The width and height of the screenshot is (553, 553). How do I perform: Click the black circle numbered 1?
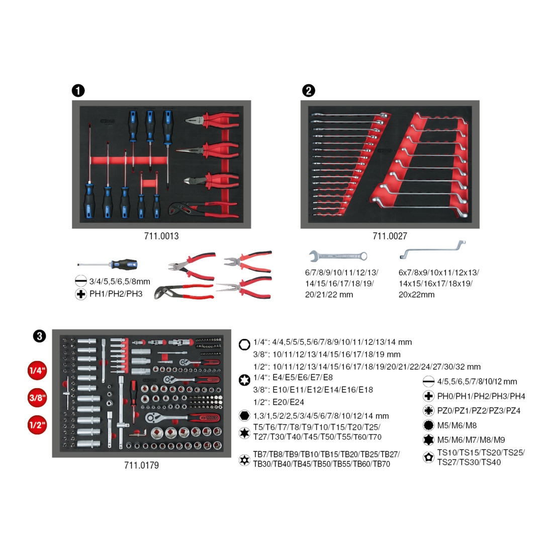78,90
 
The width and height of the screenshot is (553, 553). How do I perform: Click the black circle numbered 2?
309,90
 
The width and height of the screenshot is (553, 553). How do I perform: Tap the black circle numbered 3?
40,336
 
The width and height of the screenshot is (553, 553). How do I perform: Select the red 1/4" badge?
37,371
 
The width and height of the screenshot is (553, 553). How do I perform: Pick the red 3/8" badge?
37,398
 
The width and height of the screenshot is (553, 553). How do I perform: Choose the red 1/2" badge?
37,425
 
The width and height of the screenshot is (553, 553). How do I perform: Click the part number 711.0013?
161,236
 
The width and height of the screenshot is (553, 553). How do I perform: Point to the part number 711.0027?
390,236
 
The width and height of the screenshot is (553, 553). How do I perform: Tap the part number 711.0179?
141,465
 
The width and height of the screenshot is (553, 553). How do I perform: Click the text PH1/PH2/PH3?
116,294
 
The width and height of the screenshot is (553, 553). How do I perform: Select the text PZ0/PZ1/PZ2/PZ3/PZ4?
479,411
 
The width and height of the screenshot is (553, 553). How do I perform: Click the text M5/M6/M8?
457,425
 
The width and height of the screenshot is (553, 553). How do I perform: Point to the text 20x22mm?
417,295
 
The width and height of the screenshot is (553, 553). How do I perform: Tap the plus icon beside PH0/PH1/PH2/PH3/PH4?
428,396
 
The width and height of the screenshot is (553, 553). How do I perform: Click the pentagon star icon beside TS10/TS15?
428,457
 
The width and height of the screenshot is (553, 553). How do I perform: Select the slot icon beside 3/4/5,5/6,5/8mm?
81,281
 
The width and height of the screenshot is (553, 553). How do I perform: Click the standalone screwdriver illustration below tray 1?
108,264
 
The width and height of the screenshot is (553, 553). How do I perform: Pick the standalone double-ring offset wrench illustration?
433,249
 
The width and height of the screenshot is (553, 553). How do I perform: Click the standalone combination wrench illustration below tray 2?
338,256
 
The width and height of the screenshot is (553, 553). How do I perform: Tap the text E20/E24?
289,402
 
